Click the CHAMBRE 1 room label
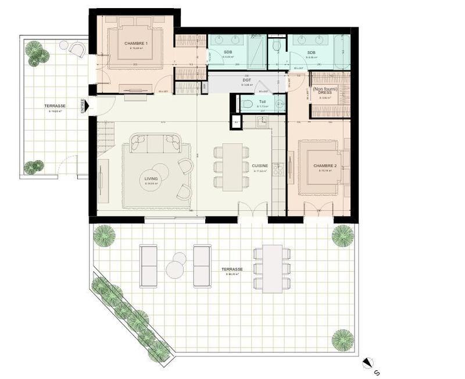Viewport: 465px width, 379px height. pyautogui.click(x=136, y=44)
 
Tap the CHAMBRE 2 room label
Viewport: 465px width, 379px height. pyautogui.click(x=325, y=166)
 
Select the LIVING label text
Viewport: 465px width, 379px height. pyautogui.click(x=151, y=179)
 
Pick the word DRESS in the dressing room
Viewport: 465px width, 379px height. pyautogui.click(x=324, y=92)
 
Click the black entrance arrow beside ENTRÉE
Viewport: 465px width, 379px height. pyautogui.click(x=89, y=114)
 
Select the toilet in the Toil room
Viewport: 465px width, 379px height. pyautogui.click(x=248, y=104)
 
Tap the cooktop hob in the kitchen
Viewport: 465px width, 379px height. pyautogui.click(x=278, y=169)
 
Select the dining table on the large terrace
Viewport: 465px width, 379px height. pyautogui.click(x=271, y=268)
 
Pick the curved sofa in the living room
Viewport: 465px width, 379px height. pyautogui.click(x=156, y=142)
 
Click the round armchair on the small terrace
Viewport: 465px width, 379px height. pyautogui.click(x=77, y=50)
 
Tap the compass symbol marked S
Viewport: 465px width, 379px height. pyautogui.click(x=367, y=364)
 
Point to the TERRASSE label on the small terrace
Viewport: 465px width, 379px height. pyautogui.click(x=54, y=106)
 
